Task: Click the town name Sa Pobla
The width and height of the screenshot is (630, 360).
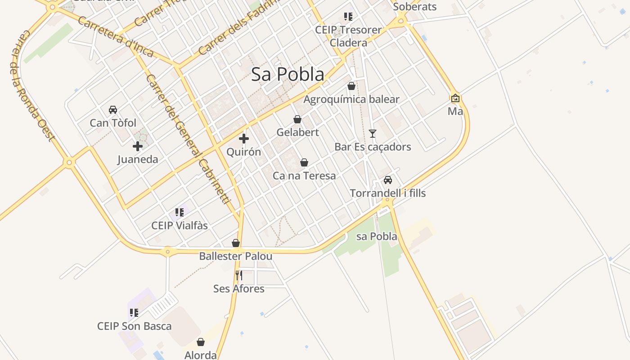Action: tap(288, 74)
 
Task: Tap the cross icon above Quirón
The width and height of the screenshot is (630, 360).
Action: tap(244, 139)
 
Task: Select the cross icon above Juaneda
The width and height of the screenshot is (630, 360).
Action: tap(138, 146)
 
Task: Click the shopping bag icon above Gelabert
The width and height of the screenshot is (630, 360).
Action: tap(297, 119)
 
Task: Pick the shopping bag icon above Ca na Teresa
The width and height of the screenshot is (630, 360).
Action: tap(304, 162)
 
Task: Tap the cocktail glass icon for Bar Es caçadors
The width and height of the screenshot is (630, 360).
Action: tap(373, 133)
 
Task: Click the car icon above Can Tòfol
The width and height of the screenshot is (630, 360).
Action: tap(113, 109)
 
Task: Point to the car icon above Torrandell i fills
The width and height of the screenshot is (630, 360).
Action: tap(388, 180)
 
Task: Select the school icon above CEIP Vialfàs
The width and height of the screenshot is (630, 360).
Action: tap(180, 212)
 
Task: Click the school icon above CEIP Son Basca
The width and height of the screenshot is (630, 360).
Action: tap(134, 312)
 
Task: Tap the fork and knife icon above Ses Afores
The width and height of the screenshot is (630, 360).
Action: tap(239, 275)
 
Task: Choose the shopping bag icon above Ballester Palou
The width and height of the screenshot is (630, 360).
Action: tap(236, 243)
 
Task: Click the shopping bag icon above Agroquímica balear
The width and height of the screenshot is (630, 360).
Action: tap(351, 86)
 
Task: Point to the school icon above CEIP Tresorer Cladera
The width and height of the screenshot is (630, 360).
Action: tap(348, 17)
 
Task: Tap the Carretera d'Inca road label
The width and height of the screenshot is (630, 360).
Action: tap(115, 37)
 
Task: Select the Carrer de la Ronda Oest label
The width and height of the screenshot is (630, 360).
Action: tap(31, 85)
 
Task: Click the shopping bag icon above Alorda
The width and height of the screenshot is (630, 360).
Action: tap(201, 342)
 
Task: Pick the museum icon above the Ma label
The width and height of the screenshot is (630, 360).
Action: tap(455, 98)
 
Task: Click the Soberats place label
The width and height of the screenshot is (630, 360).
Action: tap(415, 7)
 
